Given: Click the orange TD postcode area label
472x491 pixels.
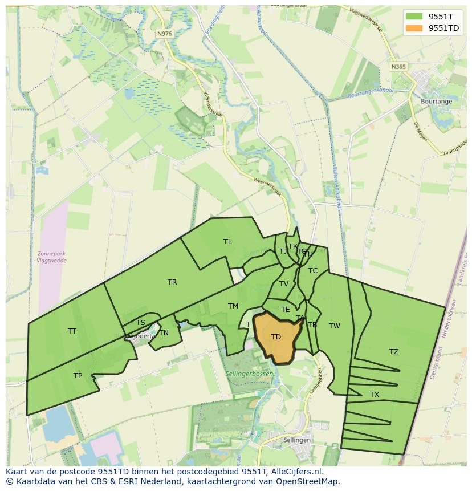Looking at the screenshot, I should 276,337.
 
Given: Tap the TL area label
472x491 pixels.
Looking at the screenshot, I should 227,242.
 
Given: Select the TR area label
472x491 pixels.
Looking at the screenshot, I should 172,282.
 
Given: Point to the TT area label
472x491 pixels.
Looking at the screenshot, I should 72,331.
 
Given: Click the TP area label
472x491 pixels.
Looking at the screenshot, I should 78,376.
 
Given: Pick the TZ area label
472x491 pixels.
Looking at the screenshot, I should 394,352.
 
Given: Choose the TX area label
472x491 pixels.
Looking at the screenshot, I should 375,395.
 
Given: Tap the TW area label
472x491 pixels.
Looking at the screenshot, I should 335,326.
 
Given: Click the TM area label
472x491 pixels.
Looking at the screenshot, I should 233,306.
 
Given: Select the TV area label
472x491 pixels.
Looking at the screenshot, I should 284,284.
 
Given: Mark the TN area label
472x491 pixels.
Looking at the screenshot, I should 164,333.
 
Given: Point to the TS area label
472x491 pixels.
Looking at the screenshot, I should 141,323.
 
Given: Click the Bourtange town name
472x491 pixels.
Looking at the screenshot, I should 436,102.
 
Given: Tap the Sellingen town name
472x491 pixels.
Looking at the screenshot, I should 296,440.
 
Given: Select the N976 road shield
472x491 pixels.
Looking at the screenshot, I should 164,34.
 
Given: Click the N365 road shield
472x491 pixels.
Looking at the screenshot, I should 399,67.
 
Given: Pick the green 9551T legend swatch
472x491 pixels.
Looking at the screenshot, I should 414,16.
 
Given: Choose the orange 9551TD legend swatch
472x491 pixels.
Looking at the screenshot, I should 414,28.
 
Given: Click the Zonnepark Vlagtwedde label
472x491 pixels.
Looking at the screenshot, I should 51,257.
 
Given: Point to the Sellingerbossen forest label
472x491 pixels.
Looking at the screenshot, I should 253,374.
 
